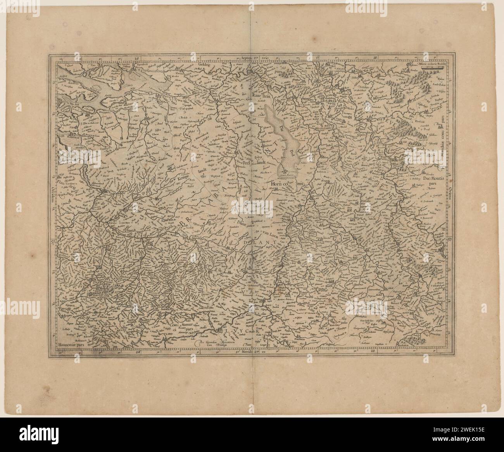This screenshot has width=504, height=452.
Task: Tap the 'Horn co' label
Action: click(278, 184)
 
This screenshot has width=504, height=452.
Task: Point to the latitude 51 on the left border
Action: click(52, 243)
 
